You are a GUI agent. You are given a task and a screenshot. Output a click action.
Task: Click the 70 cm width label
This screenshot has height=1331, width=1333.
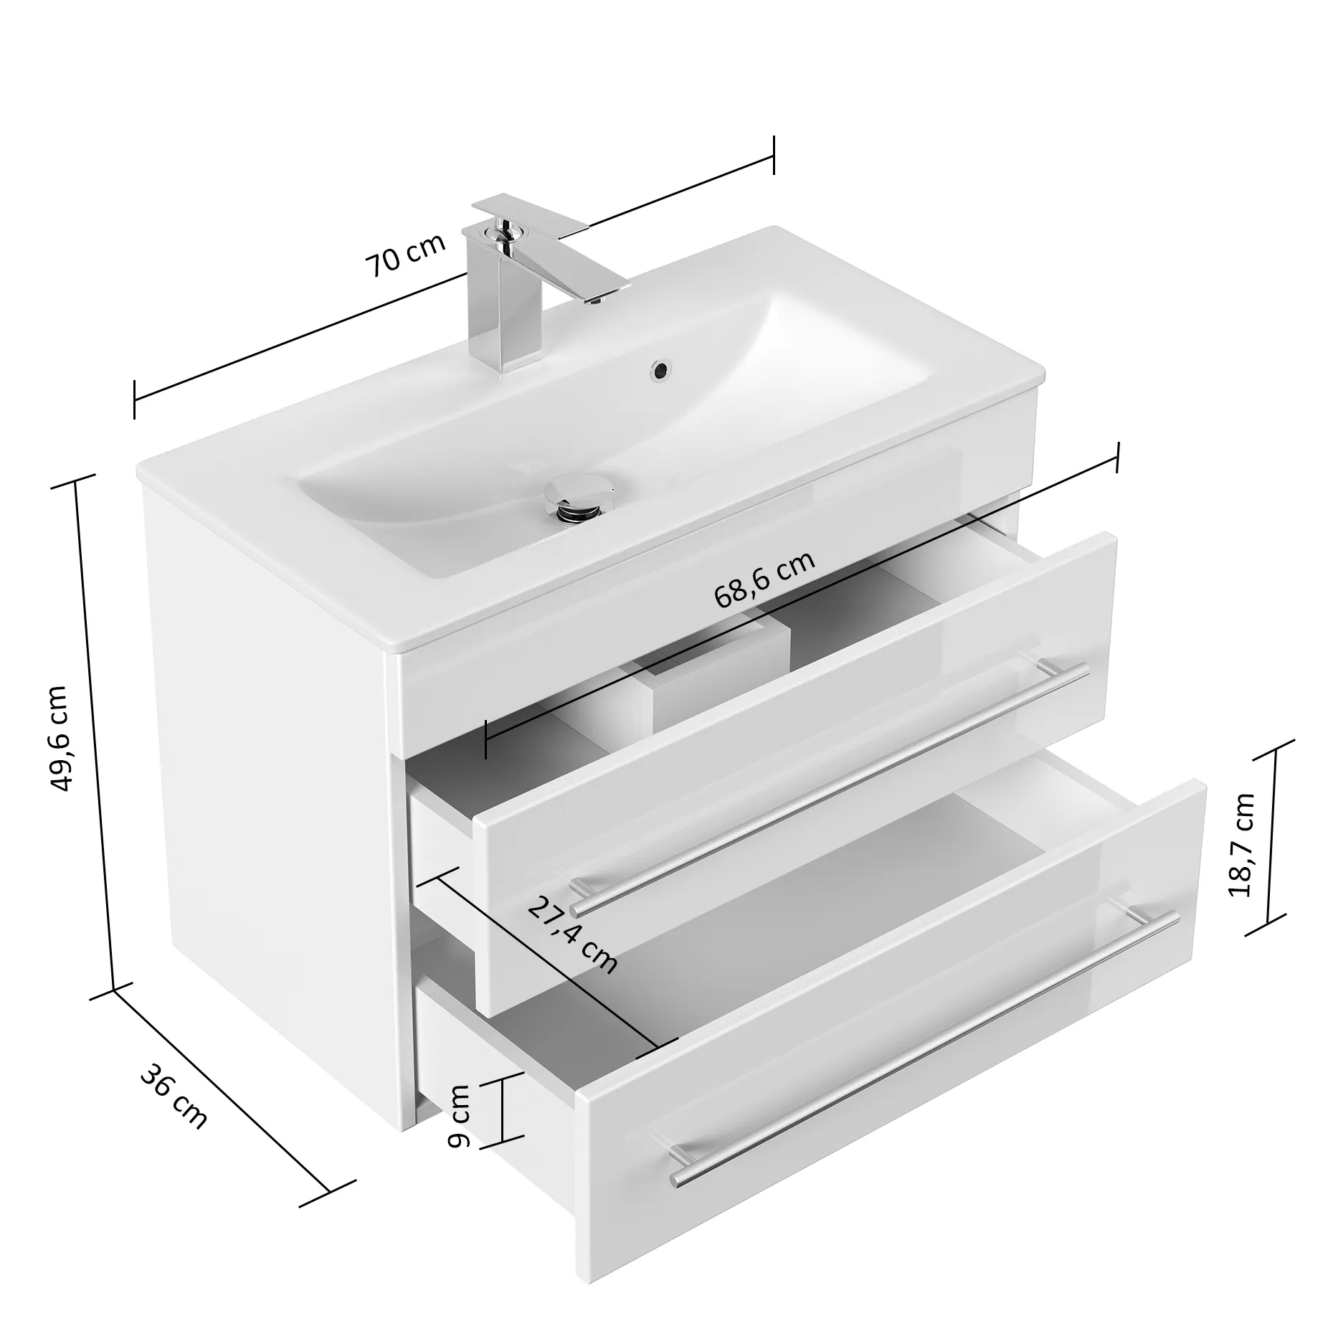(405, 255)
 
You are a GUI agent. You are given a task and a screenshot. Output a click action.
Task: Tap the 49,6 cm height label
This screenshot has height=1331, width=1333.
(58, 738)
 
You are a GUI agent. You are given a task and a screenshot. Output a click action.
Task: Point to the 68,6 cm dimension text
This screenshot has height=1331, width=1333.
(764, 580)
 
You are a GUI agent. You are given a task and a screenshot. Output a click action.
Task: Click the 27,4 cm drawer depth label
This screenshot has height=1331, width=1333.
(572, 936)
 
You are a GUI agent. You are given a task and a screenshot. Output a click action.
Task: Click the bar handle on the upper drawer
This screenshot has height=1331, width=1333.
(831, 789)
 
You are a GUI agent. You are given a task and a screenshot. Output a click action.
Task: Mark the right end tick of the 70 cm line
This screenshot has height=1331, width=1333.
(774, 154)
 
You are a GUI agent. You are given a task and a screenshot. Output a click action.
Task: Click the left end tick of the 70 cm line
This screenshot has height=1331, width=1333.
(134, 399)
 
